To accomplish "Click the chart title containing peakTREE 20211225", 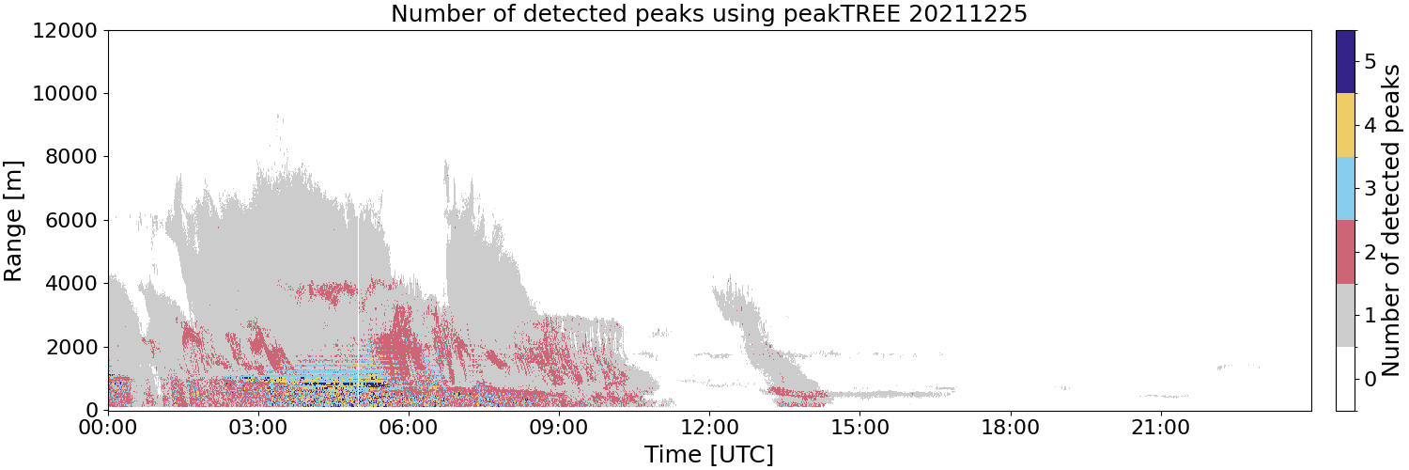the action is [709, 13].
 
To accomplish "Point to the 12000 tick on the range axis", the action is [66, 30].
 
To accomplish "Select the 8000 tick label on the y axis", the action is [71, 157].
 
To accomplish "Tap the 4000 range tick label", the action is [71, 283].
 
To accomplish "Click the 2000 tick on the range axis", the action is [71, 347].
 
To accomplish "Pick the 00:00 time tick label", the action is [109, 428].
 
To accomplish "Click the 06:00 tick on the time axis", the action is [410, 428].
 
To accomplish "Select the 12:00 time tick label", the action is [710, 428].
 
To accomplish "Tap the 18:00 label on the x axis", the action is [1011, 428].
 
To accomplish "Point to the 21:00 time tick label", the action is [1161, 428].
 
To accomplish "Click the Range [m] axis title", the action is [13, 221].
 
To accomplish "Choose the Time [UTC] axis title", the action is [709, 455].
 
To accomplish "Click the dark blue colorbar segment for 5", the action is [1345, 62].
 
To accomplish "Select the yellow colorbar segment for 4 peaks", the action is [1345, 125].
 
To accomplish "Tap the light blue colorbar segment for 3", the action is [1345, 189].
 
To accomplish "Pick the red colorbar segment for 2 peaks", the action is [1345, 252].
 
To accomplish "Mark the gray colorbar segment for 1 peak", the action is [1345, 315].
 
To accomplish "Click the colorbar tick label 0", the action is [1370, 379].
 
